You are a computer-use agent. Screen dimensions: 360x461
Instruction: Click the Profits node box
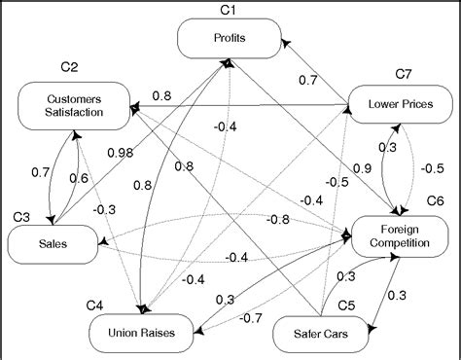[x=230, y=39]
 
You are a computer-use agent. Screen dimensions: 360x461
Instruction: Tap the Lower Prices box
[x=399, y=102]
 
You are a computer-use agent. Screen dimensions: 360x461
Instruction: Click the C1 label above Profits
[x=228, y=11]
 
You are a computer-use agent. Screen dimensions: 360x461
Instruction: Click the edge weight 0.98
[x=122, y=154]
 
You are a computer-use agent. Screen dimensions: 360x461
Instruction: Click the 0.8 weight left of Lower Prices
[x=161, y=95]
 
